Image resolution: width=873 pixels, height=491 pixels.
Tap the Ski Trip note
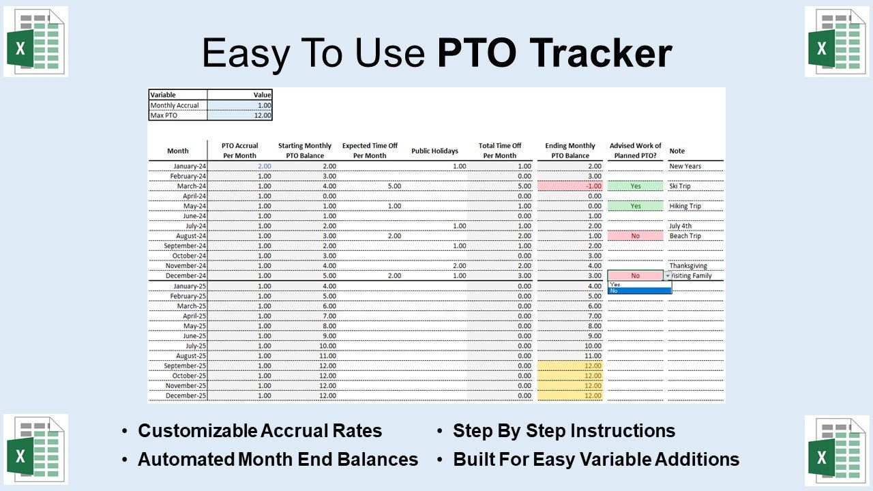click(680, 186)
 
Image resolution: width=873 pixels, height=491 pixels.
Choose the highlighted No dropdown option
click(639, 291)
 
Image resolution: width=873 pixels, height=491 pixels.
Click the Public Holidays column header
click(434, 151)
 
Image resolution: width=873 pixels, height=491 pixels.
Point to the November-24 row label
click(186, 266)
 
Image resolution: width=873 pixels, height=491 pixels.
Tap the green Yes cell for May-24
click(635, 206)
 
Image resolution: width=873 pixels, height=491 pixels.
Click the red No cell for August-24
click(635, 236)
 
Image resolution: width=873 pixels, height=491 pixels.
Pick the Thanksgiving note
click(687, 266)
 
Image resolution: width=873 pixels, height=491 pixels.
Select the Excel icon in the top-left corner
click(35, 42)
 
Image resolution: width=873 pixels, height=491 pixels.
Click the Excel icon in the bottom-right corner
click(837, 449)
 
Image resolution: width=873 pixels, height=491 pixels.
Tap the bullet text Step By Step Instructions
click(564, 431)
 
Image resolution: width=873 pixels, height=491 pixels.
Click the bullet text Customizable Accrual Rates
click(260, 431)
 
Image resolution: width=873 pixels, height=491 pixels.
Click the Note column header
click(677, 151)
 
